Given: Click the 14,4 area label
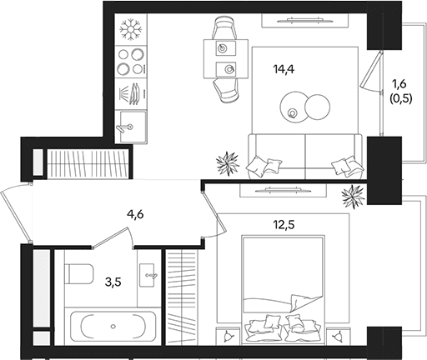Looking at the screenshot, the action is click(284, 69).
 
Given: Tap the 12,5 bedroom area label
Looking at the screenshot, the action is click(284, 225).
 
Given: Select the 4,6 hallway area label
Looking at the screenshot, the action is click(135, 214).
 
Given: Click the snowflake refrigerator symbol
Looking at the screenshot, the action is click(131, 29).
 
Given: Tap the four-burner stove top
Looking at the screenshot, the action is click(131, 62).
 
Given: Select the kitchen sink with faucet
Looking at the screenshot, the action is click(131, 127).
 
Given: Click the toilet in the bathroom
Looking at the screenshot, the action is click(79, 274).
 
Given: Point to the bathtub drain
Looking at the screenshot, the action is click(113, 326).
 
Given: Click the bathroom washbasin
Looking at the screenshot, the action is click(148, 275).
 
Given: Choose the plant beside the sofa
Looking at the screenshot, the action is click(228, 163).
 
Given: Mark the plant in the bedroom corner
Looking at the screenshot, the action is click(353, 197).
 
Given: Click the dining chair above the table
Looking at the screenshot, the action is click(225, 27).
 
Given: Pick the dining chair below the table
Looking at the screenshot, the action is click(226, 90).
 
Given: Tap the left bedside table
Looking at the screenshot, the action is click(228, 337).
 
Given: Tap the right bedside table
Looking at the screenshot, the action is click(339, 337).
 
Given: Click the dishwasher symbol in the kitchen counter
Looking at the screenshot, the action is click(131, 94).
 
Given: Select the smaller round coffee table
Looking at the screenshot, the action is click(318, 107).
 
